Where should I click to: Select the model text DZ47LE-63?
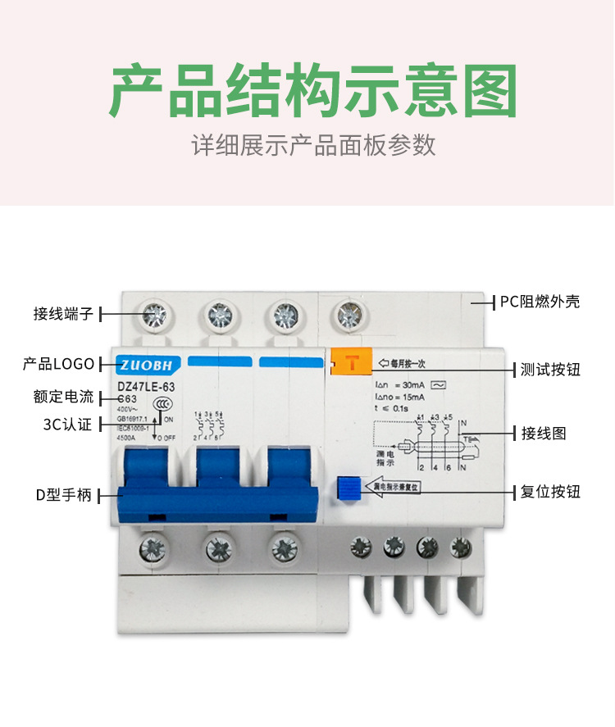147,385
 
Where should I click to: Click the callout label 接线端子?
64,313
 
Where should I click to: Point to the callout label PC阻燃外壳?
540,302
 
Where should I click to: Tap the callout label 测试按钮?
550,370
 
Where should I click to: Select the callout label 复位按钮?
550,493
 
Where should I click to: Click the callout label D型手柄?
63,495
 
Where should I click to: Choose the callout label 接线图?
544,433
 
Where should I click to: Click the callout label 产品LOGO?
59,364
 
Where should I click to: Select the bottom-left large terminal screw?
153,547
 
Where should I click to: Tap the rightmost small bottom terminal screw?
460,545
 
